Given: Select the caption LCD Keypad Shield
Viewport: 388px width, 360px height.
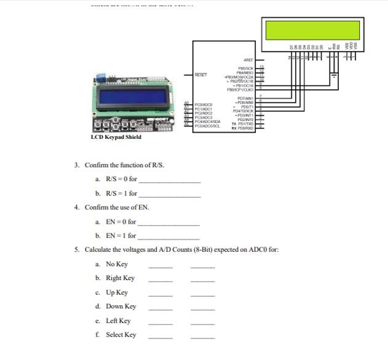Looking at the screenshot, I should pos(116,138).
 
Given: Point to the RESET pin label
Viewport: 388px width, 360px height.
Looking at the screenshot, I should pos(201,75).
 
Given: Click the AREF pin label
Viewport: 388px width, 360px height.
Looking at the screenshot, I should pos(249,59).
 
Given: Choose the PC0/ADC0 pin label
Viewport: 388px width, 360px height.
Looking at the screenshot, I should pos(204,105).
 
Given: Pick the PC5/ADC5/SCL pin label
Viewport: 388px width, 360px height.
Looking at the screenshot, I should pos(207,125).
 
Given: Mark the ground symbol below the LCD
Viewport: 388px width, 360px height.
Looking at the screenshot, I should pos(335,78).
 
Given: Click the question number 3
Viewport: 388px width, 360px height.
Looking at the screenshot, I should pos(77,165).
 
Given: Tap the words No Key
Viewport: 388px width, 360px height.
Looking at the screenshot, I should pos(117,264).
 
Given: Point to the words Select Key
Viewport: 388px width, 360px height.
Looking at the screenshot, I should pos(121,335).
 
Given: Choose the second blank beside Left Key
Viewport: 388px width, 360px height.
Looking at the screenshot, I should pos(203,324).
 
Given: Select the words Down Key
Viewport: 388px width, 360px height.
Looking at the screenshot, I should pos(121,307).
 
